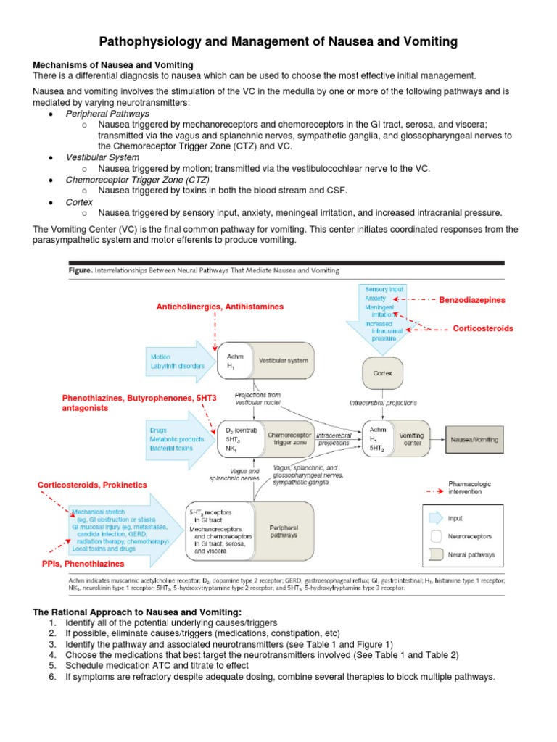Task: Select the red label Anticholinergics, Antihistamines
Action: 220,307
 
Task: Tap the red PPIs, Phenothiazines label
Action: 82,563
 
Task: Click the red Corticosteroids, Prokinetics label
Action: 91,484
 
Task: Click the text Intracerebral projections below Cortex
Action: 383,401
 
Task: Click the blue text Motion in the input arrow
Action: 160,357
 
